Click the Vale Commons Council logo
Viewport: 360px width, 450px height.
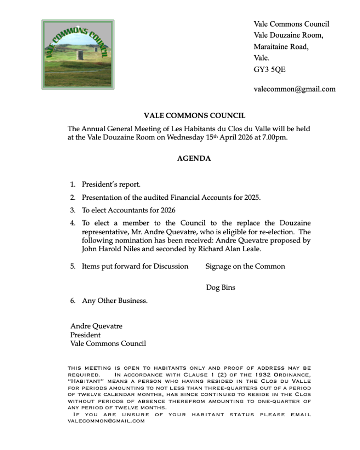[78, 54]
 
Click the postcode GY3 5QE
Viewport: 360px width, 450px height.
[270, 69]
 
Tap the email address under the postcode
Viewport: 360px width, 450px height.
[294, 89]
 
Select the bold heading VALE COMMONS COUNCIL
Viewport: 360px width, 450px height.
[195, 116]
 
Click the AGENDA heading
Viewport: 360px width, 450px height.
[194, 158]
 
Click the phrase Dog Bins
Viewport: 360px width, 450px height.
[221, 287]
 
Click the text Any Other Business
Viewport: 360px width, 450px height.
[115, 301]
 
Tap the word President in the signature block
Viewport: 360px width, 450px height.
[85, 335]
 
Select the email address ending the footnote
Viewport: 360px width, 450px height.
[106, 421]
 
